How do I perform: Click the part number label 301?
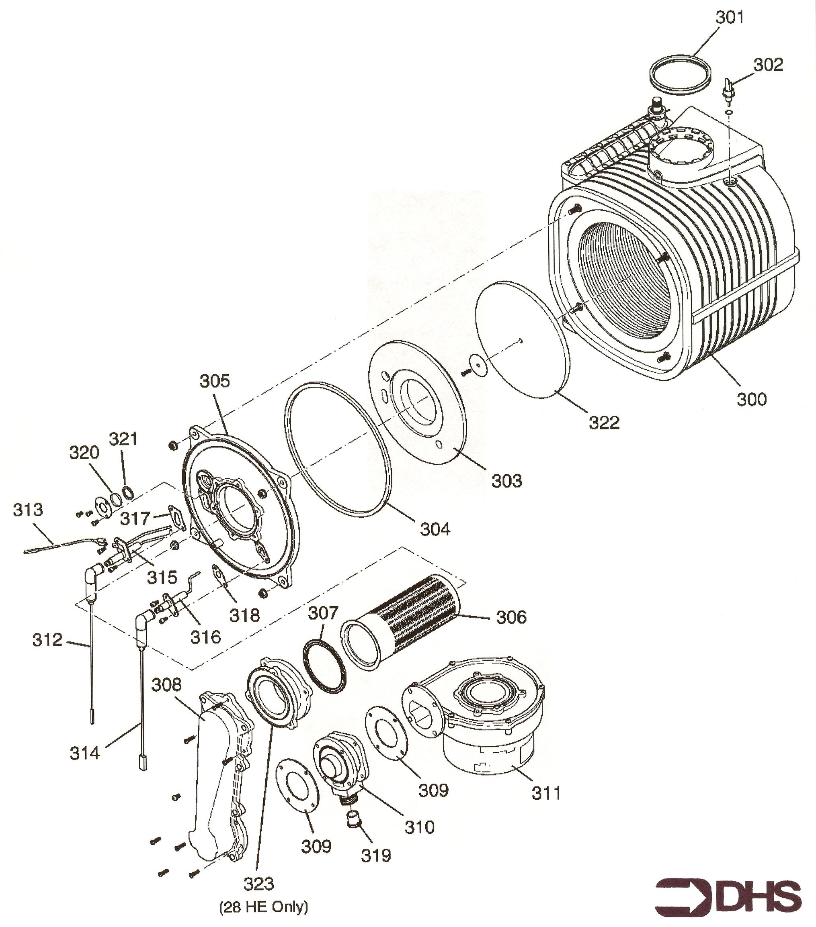pos(729,18)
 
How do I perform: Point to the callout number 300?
pos(752,400)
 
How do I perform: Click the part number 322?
pos(604,423)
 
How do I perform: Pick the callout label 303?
pos(506,481)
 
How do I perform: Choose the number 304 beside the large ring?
pos(435,529)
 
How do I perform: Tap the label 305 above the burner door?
pos(215,381)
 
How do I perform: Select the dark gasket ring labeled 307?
pos(324,667)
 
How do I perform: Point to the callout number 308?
pos(166,684)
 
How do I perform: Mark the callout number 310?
pos(419,827)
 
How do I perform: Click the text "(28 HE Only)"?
pos(263,907)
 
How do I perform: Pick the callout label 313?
pos(28,510)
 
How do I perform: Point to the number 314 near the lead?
pos(84,753)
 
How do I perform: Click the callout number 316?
pos(205,637)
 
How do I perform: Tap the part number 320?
pos(84,452)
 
